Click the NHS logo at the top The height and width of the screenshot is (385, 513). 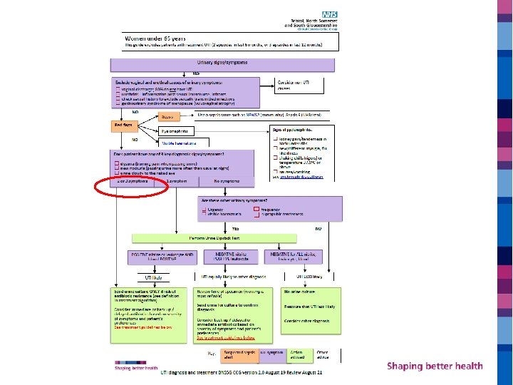click(x=329, y=14)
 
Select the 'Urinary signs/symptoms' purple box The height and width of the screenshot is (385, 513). click(x=222, y=63)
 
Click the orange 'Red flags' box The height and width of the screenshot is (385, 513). click(x=123, y=125)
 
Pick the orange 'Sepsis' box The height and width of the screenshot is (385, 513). click(x=167, y=116)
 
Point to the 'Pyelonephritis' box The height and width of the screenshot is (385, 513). click(x=174, y=131)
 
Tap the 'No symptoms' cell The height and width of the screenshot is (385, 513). click(x=227, y=182)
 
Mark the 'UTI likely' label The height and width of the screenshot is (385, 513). click(x=153, y=277)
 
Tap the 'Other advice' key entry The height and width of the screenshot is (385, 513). click(x=323, y=354)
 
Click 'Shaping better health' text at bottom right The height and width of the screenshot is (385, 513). click(x=435, y=366)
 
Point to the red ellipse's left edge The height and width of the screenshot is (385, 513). click(x=95, y=187)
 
